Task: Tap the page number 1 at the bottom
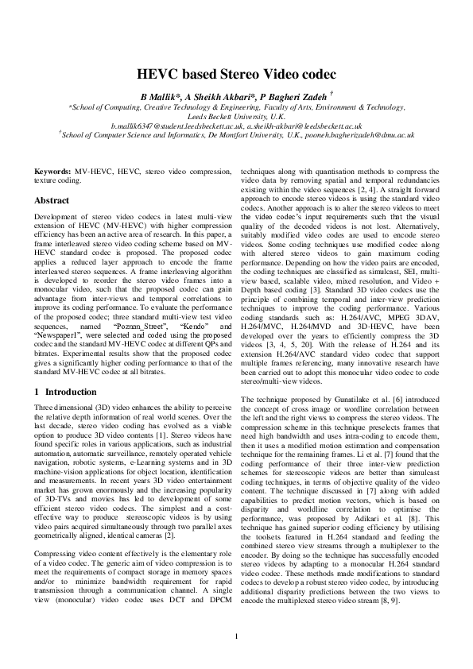click(x=236, y=635)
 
